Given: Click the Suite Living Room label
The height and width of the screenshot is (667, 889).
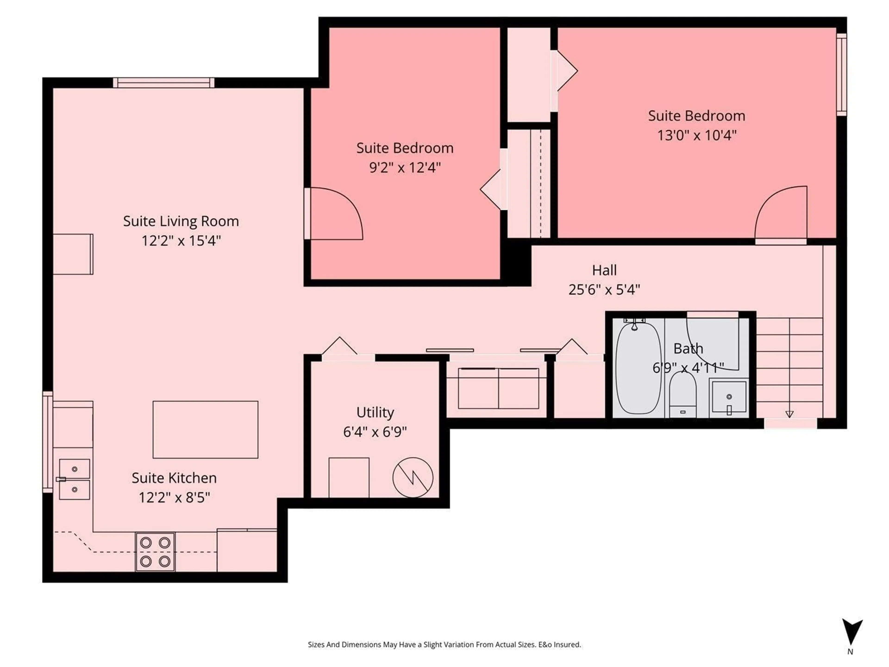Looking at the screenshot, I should pos(181,221).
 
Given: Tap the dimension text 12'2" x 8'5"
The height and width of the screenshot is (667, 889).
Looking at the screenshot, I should pos(174,498).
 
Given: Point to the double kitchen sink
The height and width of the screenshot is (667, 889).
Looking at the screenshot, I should pos(74,479).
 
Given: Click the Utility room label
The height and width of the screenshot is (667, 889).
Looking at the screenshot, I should pos(375,412).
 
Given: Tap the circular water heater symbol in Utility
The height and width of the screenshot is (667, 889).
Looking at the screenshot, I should pos(413,477).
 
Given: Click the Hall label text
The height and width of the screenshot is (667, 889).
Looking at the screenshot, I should pos(604,270).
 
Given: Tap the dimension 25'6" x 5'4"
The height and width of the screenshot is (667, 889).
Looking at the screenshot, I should pos(604,289).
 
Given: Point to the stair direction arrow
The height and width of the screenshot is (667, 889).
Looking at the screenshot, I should pos(789,414).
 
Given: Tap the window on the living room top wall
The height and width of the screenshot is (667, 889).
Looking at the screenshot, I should pos(164,83).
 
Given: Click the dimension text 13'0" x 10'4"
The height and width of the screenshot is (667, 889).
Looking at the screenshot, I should pos(696,135).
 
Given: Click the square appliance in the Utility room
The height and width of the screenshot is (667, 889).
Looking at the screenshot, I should pos(349,477).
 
